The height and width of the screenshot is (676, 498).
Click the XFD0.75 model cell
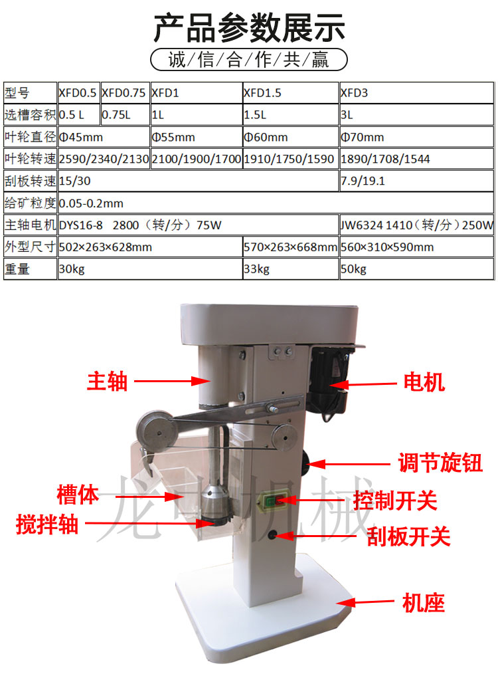point(125,92)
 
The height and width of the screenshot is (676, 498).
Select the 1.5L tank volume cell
point(291,115)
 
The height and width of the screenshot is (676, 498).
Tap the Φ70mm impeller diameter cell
point(416,137)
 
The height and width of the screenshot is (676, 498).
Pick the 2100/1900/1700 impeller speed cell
point(197,159)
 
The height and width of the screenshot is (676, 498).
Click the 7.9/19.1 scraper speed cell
point(416,181)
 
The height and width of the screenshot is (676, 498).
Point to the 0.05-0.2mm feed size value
point(91,203)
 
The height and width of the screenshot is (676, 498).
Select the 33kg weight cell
point(291,269)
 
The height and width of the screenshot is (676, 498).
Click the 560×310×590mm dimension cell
point(416,247)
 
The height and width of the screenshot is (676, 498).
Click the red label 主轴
point(108,381)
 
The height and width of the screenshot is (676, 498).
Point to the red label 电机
point(424,382)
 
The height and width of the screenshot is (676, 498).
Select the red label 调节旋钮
point(440,463)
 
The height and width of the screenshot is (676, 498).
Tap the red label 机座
point(423,602)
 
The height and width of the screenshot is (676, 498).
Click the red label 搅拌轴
point(47,524)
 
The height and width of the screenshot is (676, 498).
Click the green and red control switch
point(272,501)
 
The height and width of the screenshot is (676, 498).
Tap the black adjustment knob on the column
point(306,464)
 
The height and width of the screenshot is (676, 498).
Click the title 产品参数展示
point(249,28)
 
